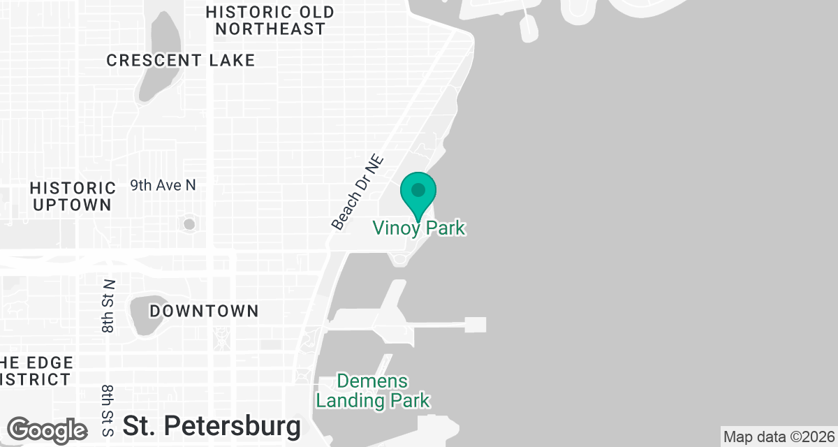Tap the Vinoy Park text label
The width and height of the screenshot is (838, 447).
[418, 228]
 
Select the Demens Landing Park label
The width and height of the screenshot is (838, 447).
[373, 391]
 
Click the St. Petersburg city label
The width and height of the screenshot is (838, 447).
[212, 425]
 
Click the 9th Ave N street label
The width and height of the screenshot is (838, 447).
[163, 186]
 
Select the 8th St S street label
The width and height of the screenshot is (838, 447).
[108, 410]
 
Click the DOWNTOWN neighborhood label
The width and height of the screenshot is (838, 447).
[204, 311]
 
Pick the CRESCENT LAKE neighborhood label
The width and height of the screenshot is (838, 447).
[181, 61]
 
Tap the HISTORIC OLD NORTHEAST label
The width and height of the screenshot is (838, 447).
[270, 20]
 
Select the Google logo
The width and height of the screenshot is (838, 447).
[47, 430]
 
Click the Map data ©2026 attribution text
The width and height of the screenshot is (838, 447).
[778, 437]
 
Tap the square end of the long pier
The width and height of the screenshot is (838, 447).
[475, 324]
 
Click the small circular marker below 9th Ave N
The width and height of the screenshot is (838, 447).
[189, 224]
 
